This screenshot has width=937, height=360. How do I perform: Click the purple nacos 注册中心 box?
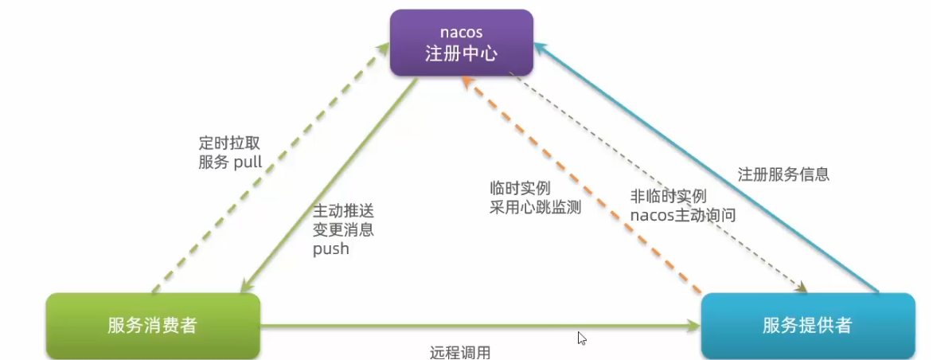pyautogui.click(x=461, y=43)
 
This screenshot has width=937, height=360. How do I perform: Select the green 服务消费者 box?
pyautogui.click(x=153, y=325)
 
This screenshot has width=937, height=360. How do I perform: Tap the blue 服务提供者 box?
pyautogui.click(x=807, y=325)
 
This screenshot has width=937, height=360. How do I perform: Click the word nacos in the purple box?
pyautogui.click(x=461, y=32)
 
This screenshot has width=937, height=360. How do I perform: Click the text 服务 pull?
pyautogui.click(x=230, y=162)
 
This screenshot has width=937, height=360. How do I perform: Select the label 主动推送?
pyautogui.click(x=343, y=212)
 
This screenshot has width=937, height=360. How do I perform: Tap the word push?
pyautogui.click(x=330, y=248)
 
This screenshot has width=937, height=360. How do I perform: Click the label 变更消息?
pyautogui.click(x=343, y=230)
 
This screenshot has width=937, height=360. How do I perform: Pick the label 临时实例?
pyautogui.click(x=520, y=189)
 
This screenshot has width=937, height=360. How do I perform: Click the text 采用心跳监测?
pyautogui.click(x=535, y=208)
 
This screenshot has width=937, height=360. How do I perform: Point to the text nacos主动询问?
pyautogui.click(x=682, y=214)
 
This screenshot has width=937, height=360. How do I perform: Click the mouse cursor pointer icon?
pyautogui.click(x=582, y=338)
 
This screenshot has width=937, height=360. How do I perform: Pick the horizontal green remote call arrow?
pyautogui.click(x=478, y=325)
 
